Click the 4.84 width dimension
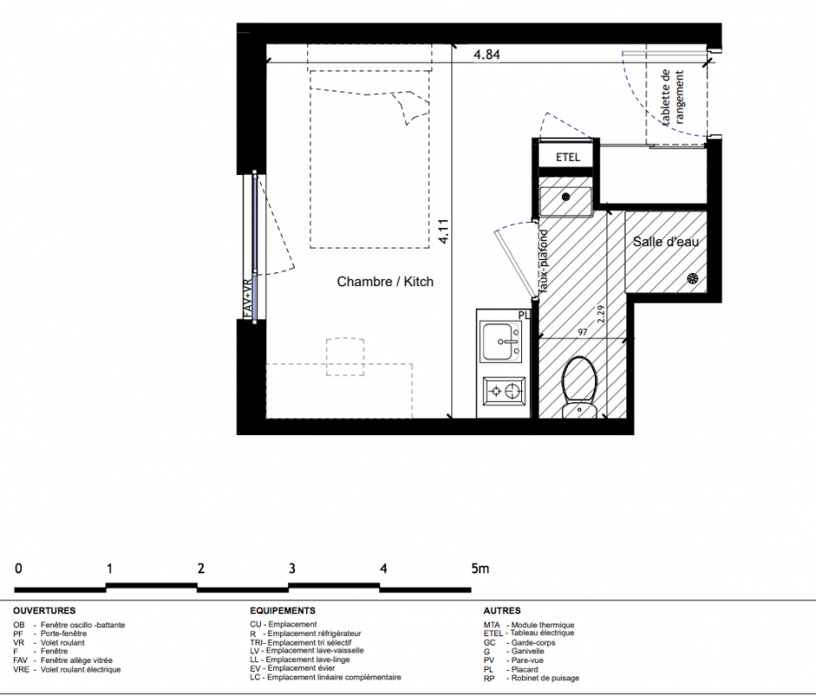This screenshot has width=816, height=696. coord(486,54)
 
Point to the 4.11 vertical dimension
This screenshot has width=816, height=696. coord(444,231)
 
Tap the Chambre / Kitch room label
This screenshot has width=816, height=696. coord(385,282)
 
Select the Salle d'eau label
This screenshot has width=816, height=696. coord(666,242)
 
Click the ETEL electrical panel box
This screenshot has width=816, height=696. coord(567,157)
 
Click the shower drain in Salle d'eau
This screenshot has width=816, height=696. coord(692,278)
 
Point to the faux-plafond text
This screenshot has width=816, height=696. coord(544,261)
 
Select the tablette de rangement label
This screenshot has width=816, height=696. coord(672,97)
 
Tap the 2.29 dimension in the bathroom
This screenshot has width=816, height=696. coord(601,314)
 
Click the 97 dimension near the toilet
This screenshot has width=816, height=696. coord(582,332)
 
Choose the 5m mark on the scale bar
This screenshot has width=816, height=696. coord(480,568)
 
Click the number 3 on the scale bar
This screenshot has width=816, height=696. coord(292,568)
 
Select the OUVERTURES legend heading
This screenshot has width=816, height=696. coord(44,611)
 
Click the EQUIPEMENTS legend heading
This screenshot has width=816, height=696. coord(283,611)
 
